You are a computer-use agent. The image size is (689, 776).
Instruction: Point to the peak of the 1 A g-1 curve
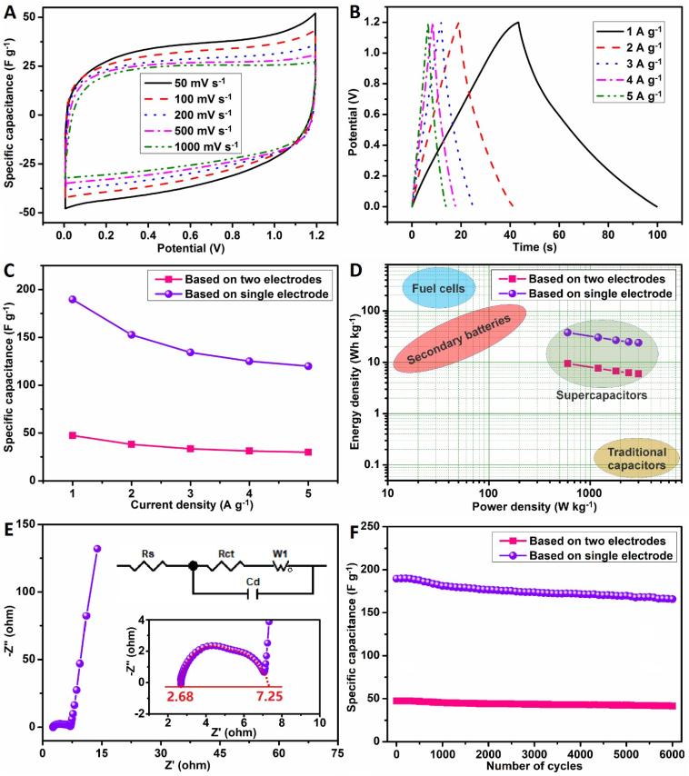click(518, 23)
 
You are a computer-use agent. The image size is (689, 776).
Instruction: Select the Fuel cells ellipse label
click(434, 289)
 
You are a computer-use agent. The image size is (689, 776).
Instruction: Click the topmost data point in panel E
click(97, 549)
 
